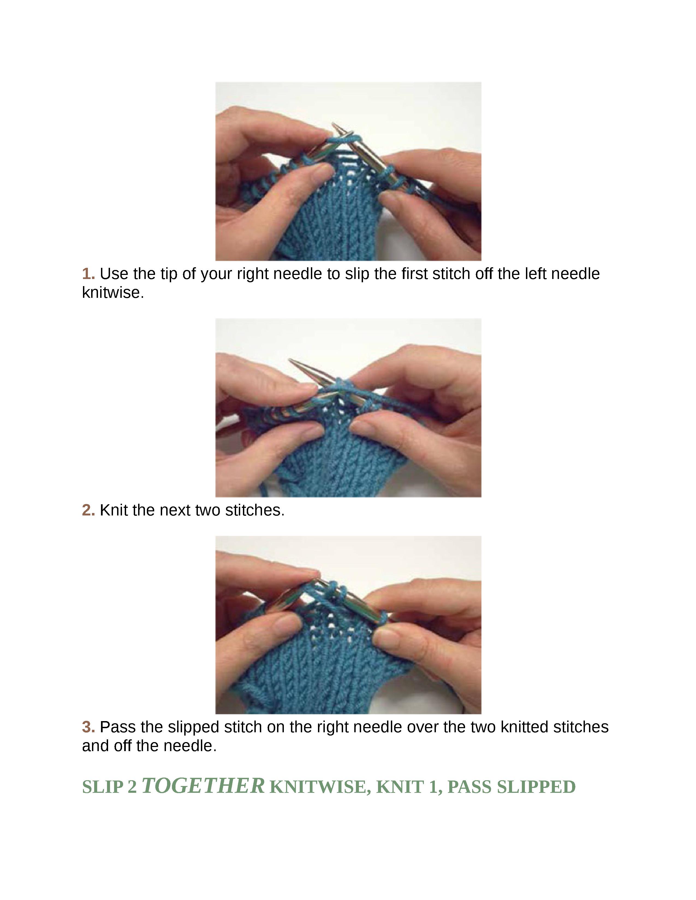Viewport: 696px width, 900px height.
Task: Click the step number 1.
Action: point(88,274)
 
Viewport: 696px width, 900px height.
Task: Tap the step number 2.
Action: point(88,510)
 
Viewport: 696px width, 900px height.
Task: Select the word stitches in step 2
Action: point(254,510)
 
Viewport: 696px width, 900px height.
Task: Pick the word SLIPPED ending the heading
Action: point(536,787)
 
